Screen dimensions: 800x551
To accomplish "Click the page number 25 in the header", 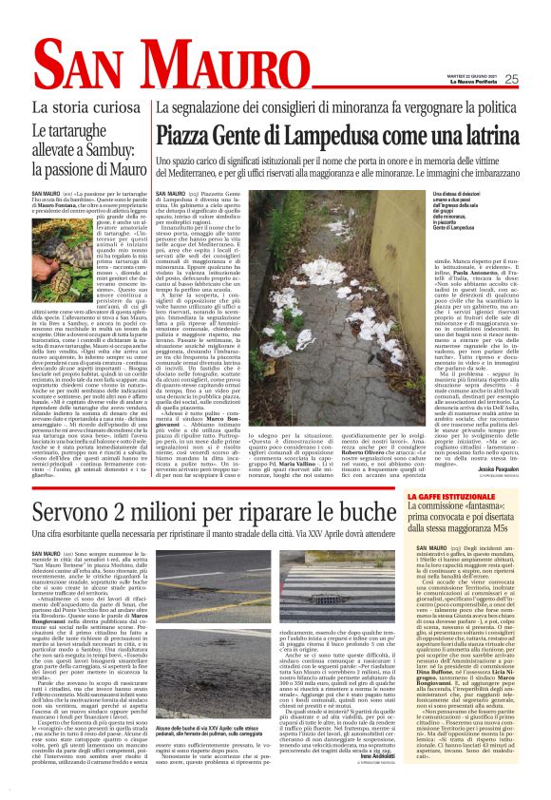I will click(x=536, y=79).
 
